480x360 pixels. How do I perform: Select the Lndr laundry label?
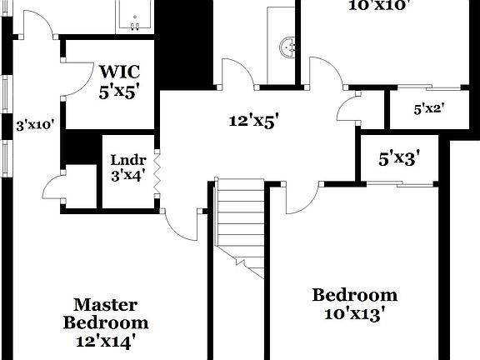(x=128, y=161)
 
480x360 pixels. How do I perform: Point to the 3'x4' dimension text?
(x=128, y=176)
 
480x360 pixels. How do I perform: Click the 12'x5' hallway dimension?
(x=253, y=121)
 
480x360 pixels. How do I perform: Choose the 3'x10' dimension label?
(x=35, y=126)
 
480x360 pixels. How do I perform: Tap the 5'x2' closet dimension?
(x=428, y=108)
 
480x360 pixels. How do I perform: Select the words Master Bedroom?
(x=106, y=313)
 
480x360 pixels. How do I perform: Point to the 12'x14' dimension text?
(x=105, y=340)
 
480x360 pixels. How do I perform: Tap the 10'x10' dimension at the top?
(x=378, y=5)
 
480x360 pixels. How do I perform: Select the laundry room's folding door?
(x=157, y=171)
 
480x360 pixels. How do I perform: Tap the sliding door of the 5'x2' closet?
(x=425, y=87)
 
